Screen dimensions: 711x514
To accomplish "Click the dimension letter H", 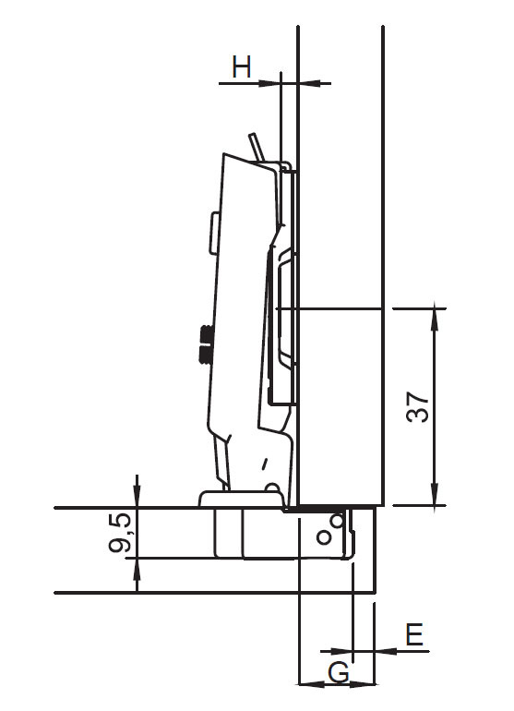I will pyautogui.click(x=242, y=66).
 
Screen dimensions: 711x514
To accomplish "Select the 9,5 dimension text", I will pyautogui.click(x=119, y=535).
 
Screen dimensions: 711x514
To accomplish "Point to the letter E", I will pyautogui.click(x=413, y=634).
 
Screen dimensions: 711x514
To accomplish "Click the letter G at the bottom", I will pyautogui.click(x=339, y=672).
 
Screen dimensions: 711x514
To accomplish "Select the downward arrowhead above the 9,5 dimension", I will pyautogui.click(x=137, y=499).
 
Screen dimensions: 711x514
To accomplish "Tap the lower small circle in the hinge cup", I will pyautogui.click(x=324, y=537).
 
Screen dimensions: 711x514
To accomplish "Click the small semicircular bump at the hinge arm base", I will pyautogui.click(x=271, y=488).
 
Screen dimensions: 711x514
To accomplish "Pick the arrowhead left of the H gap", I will pyautogui.click(x=272, y=84).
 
